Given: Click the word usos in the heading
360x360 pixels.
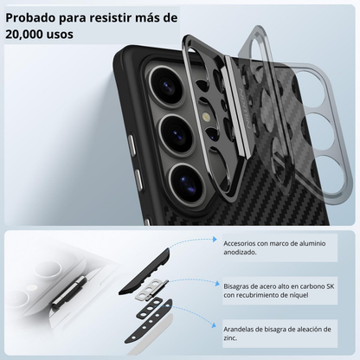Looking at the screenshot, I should click(74, 35).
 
